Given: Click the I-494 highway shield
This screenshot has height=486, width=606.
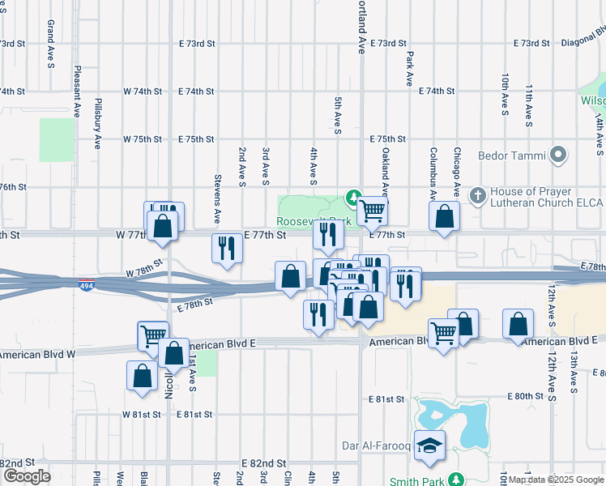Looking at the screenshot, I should [87, 287].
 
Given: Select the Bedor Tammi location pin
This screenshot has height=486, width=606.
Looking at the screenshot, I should [558, 154].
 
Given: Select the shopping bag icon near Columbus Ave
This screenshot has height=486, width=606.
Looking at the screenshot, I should [444, 217].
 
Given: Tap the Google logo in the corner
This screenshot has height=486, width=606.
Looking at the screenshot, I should [26, 476].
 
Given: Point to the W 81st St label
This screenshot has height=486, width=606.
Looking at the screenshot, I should [143, 414].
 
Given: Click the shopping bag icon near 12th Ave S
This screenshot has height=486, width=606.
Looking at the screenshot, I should [518, 325].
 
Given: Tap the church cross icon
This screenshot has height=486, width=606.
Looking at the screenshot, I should [478, 195].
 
